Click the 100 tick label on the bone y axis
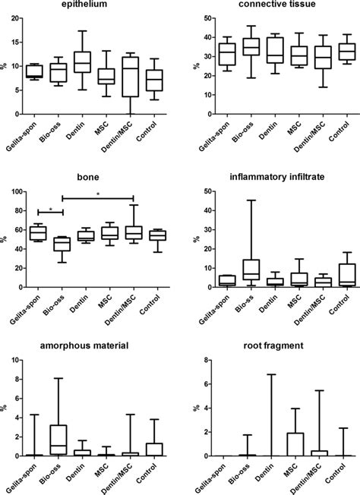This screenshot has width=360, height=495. coord(13,191)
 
